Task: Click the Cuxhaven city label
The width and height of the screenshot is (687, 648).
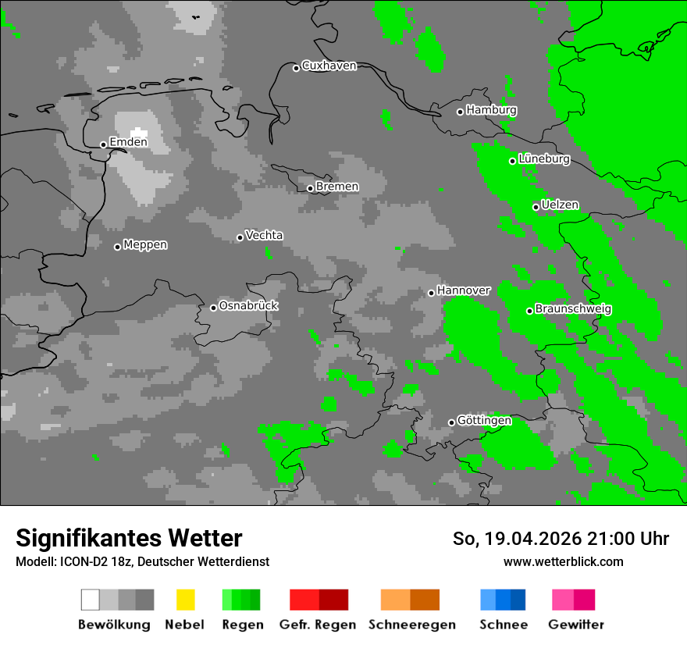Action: pos(329,66)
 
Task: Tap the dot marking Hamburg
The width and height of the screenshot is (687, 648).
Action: pos(460,112)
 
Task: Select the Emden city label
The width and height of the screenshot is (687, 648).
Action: pos(128,142)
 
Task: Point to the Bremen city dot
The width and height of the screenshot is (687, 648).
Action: pos(310,188)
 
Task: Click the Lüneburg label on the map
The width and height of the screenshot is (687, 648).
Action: pos(544,159)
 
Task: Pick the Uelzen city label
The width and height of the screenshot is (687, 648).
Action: pos(560,205)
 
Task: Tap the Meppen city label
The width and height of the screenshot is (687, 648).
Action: pos(145,244)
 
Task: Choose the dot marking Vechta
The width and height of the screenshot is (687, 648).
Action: pos(240,237)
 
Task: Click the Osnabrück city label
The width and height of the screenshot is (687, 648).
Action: pos(248,305)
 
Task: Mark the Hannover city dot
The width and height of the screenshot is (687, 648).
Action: pos(431,293)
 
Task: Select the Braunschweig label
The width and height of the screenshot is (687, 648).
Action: pos(573,309)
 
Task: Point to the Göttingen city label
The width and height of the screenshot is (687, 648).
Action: pos(484,421)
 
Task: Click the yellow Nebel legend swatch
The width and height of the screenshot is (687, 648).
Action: pos(185,600)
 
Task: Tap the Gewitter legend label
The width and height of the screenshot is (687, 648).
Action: pos(576,625)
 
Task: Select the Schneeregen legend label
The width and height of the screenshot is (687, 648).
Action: pos(411,625)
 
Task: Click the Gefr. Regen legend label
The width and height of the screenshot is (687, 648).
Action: pos(318,625)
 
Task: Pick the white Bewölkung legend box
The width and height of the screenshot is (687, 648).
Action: pos(90,600)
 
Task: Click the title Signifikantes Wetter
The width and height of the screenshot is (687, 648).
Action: pos(129,538)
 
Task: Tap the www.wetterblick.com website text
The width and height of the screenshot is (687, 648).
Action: pos(563,561)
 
